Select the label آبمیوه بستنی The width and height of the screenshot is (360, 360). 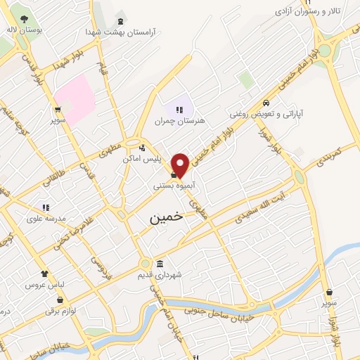coord(174,186)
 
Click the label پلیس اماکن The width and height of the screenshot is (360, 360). coord(143,160)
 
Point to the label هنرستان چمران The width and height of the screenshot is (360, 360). coord(181,121)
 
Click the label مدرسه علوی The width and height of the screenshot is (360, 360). coord(46,219)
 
